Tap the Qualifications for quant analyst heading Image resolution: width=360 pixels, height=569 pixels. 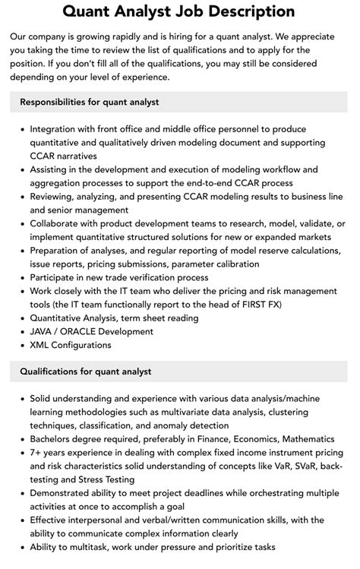tap(86, 371)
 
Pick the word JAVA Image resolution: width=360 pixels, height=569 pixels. tap(43, 332)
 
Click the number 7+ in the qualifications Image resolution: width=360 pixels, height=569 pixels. tap(37, 453)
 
